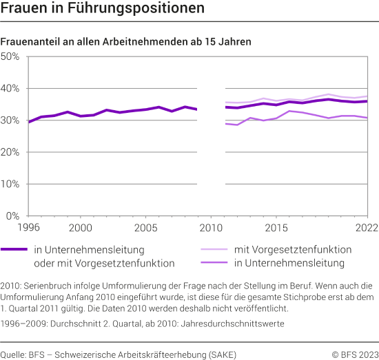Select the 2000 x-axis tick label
pos(81,227)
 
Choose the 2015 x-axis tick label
pos(276,227)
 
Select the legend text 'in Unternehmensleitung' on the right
pos(290,263)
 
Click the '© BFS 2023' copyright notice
pos(354,354)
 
